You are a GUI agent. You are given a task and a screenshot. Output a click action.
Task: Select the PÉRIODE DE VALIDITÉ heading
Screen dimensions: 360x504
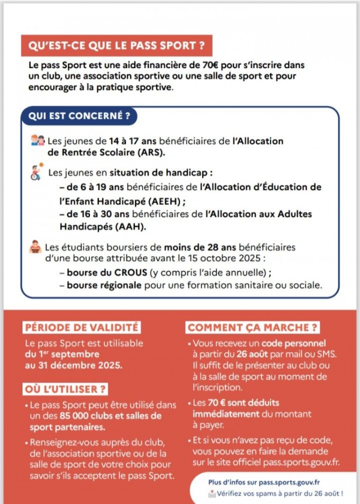81,327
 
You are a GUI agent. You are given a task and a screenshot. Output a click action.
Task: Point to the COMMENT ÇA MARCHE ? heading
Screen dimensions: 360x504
253,327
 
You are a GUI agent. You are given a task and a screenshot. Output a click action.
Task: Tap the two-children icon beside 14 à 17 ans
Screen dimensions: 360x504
38,141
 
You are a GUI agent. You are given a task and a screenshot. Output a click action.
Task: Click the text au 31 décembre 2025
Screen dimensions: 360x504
73,365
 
